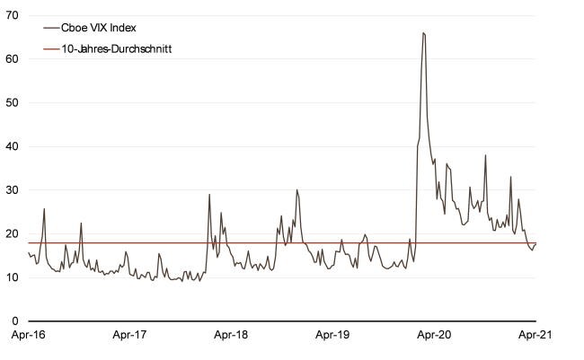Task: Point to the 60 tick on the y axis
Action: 13,59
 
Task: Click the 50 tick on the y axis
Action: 13,102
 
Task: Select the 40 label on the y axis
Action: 13,146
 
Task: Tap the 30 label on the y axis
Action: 13,190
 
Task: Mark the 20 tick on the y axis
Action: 13,233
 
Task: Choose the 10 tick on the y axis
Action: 13,277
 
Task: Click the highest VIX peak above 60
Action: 422,33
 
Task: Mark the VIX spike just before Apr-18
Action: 209,195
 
